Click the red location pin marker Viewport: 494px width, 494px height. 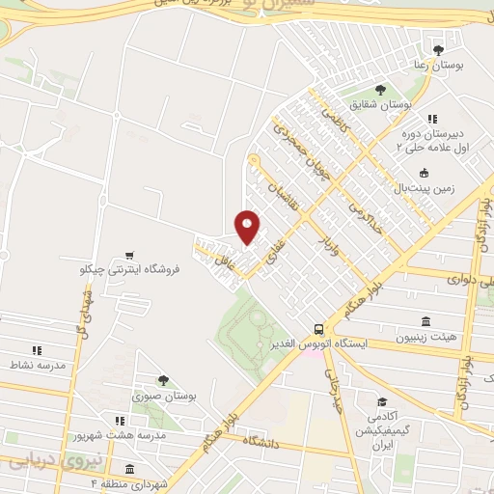tap(247, 227)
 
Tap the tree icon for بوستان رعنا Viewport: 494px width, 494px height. tap(439, 49)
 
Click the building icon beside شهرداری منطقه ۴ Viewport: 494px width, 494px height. tap(128, 469)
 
